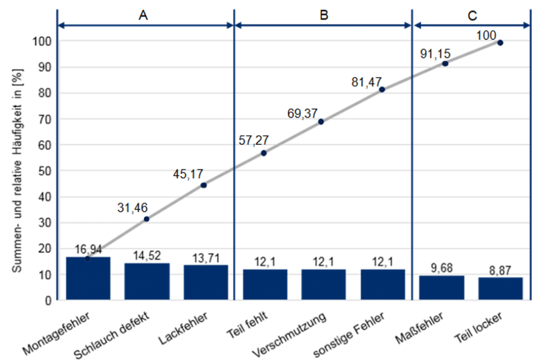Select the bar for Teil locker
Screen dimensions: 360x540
(500, 289)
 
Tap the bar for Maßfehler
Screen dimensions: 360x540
(441, 287)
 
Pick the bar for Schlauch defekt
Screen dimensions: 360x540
(147, 282)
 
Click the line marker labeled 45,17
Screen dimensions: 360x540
(203, 185)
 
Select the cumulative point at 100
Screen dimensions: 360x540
(500, 42)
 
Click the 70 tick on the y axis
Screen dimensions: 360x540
(45, 119)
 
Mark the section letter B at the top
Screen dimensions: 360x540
(324, 16)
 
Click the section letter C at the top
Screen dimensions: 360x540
(471, 16)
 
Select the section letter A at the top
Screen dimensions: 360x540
(143, 16)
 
